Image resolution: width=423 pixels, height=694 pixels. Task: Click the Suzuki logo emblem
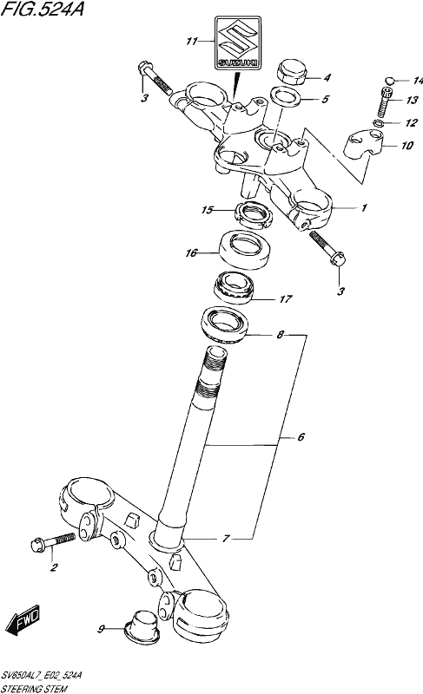[x=238, y=43]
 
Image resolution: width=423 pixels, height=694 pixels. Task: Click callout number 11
[x=192, y=42]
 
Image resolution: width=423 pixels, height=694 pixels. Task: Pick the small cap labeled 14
[x=390, y=80]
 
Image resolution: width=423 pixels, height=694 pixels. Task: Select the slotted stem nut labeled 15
[x=252, y=213]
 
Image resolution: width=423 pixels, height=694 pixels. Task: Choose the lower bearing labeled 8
[x=224, y=324]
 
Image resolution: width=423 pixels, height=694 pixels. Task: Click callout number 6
[x=301, y=437]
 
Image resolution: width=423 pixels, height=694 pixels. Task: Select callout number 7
[x=227, y=539]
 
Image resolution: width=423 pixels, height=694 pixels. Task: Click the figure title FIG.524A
[x=42, y=9]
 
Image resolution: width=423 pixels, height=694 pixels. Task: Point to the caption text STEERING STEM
[x=34, y=689]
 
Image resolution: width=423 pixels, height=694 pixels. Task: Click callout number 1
[x=364, y=207]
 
